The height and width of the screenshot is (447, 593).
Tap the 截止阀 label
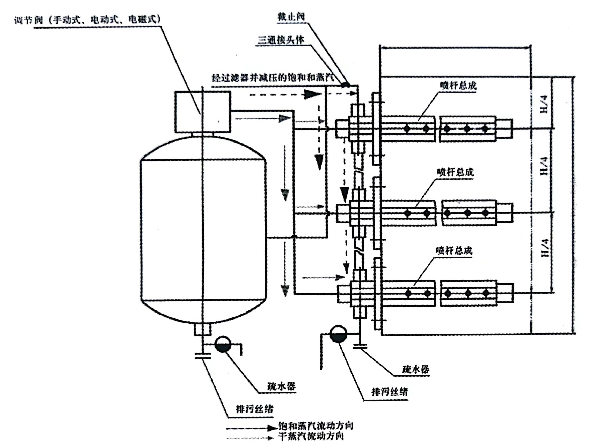point(291,17)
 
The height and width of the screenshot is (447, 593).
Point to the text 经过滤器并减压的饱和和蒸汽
point(273,78)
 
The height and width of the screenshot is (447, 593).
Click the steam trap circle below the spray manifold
point(338,334)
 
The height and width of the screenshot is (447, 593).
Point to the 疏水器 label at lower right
point(415,369)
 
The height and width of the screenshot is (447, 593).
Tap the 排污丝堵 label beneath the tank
point(254,409)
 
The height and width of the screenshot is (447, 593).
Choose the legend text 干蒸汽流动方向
point(311,436)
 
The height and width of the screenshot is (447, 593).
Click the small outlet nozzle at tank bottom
point(202,329)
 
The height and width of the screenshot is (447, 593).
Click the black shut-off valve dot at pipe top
point(346,85)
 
